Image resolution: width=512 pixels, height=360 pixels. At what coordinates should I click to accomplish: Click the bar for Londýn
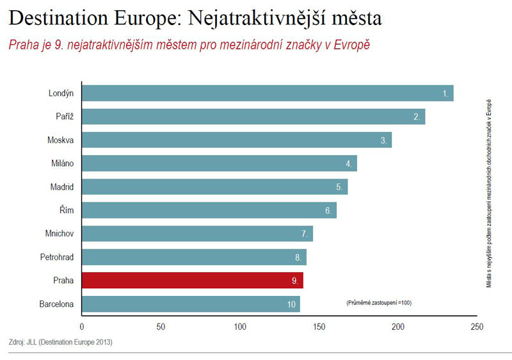268,93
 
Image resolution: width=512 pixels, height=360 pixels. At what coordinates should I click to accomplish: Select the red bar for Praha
192,281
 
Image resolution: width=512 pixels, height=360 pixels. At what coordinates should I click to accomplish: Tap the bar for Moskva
237,140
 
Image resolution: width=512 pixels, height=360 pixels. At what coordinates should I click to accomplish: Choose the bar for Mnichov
197,234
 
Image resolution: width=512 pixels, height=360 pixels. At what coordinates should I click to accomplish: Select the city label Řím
67,210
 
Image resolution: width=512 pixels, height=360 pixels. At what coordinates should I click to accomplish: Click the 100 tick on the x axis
240,327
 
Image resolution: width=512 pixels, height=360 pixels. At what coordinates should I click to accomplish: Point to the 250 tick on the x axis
477,327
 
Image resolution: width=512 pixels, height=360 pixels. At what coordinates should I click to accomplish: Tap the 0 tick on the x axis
82,327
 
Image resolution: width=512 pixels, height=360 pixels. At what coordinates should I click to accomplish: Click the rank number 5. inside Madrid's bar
339,187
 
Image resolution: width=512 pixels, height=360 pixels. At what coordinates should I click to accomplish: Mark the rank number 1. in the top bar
446,94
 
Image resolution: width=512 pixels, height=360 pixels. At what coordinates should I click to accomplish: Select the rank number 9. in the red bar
295,281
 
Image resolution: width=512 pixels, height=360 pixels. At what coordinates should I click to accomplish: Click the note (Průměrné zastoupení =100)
378,302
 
